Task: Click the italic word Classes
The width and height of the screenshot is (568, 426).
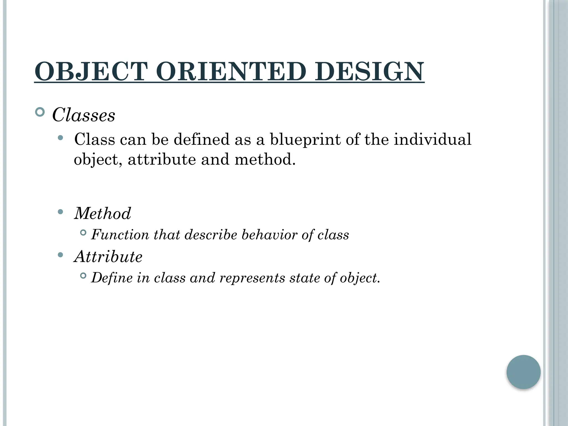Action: pyautogui.click(x=83, y=115)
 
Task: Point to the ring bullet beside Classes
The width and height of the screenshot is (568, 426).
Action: pyautogui.click(x=40, y=112)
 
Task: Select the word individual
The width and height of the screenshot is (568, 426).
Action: pyautogui.click(x=433, y=139)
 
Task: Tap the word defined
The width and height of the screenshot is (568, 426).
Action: pyautogui.click(x=202, y=139)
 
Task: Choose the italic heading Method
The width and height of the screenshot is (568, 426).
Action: pyautogui.click(x=102, y=213)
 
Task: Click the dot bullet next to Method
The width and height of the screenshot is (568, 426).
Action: pyautogui.click(x=60, y=212)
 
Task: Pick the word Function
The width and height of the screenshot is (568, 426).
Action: pyautogui.click(x=120, y=235)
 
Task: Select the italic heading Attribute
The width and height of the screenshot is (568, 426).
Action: pyautogui.click(x=108, y=257)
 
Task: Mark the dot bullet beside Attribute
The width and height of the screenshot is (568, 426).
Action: pyautogui.click(x=60, y=255)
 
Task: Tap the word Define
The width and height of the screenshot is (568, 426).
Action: pyautogui.click(x=112, y=278)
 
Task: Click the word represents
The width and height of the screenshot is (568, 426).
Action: pyautogui.click(x=252, y=278)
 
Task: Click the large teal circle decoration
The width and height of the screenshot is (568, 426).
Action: pyautogui.click(x=523, y=372)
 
